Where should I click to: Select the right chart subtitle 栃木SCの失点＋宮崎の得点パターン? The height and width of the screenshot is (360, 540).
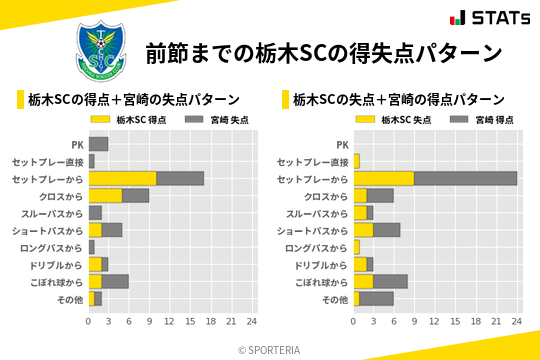click(x=398, y=100)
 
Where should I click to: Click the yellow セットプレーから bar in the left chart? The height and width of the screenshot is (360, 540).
click(x=122, y=179)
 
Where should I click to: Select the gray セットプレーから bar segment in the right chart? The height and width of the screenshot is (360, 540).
click(x=466, y=179)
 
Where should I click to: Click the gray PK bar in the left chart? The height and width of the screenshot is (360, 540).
click(x=98, y=144)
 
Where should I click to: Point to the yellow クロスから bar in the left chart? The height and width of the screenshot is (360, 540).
click(x=105, y=196)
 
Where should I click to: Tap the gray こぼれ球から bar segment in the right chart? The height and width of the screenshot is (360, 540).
click(x=390, y=281)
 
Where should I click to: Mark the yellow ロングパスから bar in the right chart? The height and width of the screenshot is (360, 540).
click(x=357, y=247)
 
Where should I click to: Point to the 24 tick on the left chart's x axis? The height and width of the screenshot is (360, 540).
click(x=252, y=321)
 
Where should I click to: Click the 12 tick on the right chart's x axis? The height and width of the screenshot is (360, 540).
click(x=435, y=321)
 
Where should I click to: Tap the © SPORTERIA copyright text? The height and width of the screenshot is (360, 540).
click(x=270, y=350)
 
